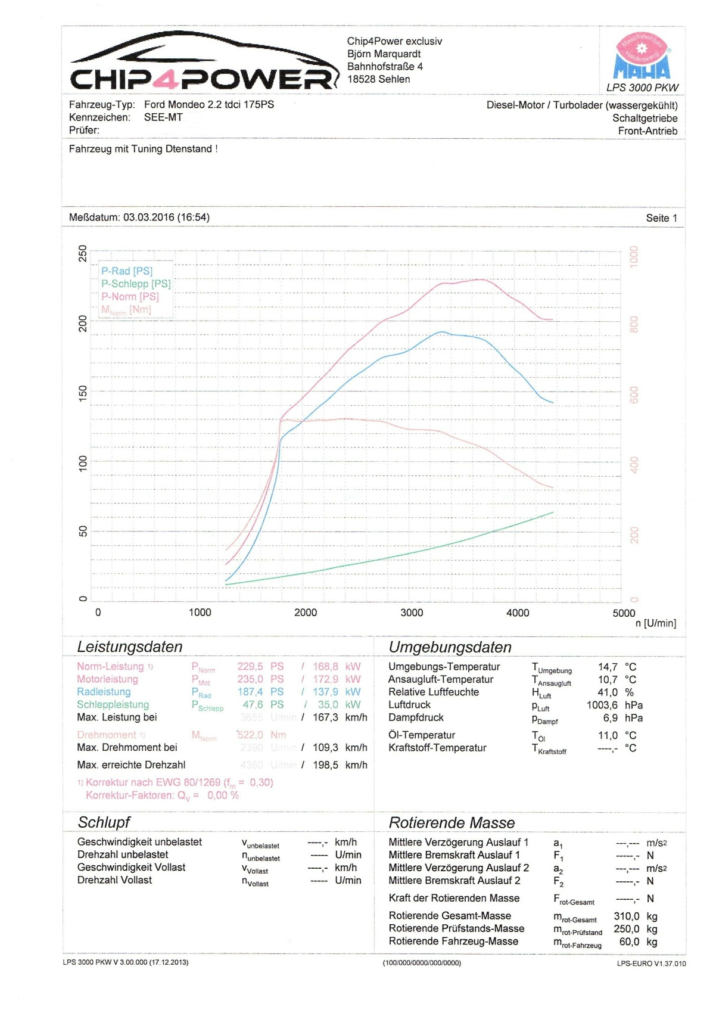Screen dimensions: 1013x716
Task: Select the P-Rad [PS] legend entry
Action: click(127, 271)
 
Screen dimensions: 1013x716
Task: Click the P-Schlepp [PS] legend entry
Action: click(136, 284)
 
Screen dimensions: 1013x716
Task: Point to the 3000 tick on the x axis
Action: click(412, 613)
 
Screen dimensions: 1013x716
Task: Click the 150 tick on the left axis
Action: click(83, 392)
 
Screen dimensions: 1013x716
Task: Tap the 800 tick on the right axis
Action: click(634, 324)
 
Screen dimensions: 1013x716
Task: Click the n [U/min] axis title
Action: click(655, 623)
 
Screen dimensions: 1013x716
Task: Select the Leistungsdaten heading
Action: click(130, 647)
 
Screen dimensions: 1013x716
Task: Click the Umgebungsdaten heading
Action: click(450, 647)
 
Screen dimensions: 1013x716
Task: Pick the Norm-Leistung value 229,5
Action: click(250, 666)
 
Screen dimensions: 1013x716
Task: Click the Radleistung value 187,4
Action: click(250, 692)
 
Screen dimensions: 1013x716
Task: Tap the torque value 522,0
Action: click(250, 735)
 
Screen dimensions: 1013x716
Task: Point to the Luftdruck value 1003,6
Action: click(602, 705)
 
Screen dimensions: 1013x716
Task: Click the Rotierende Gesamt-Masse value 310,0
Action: click(627, 916)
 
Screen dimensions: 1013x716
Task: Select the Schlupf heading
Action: click(104, 822)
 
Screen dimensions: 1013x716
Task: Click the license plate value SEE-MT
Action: click(163, 117)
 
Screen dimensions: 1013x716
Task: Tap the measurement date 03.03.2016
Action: click(148, 217)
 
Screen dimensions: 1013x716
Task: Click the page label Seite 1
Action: click(661, 218)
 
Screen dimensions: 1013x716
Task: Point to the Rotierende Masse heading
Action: click(452, 823)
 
